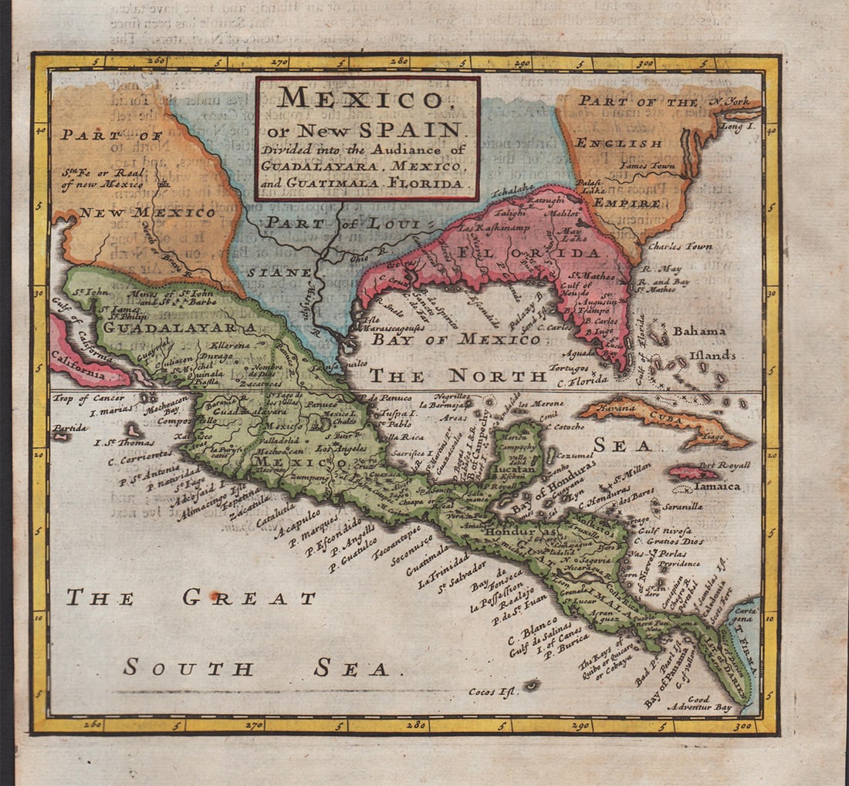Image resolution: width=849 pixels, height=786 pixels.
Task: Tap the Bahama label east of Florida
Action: pyautogui.click(x=699, y=331)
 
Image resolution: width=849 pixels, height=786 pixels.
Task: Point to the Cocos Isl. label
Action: pyautogui.click(x=491, y=692)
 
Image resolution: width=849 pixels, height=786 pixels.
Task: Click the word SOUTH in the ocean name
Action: pyautogui.click(x=188, y=668)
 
